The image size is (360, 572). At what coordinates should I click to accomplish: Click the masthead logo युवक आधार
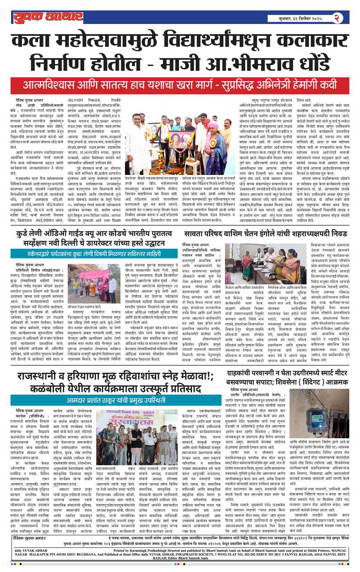pyautogui.click(x=48, y=17)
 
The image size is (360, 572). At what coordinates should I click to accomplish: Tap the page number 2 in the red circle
pyautogui.click(x=338, y=18)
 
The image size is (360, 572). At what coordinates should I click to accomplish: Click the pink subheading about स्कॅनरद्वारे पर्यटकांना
pyautogui.click(x=94, y=253)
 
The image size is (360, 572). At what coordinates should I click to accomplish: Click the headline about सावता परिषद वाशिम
pyautogui.click(x=265, y=233)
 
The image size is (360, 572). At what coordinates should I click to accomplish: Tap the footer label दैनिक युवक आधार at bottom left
pyautogui.click(x=30, y=538)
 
